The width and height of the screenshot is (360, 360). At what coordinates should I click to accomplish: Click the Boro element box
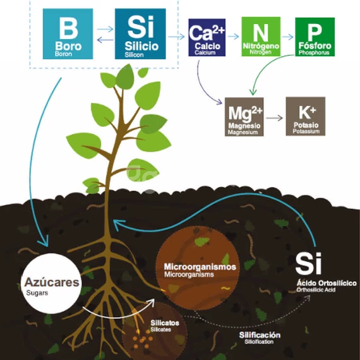tap(68, 33)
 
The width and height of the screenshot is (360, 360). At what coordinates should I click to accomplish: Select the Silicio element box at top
tap(140, 33)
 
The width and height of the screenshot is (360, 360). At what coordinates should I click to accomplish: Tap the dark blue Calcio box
tap(207, 37)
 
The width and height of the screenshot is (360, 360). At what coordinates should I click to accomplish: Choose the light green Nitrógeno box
tap(261, 37)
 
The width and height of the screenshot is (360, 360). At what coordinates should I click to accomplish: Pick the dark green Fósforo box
tap(315, 37)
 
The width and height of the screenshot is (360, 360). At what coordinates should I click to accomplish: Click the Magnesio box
tap(244, 117)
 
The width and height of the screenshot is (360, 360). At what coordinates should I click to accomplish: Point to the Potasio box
tap(305, 116)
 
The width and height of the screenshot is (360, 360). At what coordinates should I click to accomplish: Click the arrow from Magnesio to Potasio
tap(274, 118)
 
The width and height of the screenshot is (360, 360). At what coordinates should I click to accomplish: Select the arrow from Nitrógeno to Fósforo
tap(287, 37)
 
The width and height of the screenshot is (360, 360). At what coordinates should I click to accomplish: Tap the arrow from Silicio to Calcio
tap(176, 37)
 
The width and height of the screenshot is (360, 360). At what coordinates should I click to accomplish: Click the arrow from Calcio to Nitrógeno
tap(234, 37)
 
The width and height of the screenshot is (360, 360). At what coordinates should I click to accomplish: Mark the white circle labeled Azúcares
tap(51, 284)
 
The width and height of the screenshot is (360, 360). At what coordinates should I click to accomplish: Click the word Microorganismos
tap(200, 267)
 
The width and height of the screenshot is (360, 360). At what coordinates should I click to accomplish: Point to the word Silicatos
tap(165, 323)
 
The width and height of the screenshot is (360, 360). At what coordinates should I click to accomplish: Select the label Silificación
tap(260, 335)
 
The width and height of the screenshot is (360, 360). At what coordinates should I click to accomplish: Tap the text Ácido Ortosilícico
tap(327, 283)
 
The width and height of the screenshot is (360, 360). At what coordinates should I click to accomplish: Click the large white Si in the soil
tap(308, 263)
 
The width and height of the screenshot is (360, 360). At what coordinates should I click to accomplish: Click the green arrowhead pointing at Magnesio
tap(253, 92)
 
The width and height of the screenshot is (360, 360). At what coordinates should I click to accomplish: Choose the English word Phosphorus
tap(314, 52)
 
